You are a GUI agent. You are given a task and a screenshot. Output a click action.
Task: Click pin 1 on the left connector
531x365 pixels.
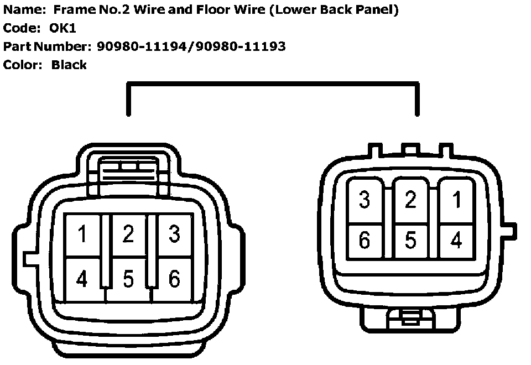82,235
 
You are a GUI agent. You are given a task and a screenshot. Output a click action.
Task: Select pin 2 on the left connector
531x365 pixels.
128,235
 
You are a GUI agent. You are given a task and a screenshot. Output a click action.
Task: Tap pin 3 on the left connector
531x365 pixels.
174,235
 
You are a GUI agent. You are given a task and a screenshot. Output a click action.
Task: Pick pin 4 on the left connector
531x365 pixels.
82,279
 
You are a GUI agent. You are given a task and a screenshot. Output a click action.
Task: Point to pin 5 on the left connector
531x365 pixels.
128,279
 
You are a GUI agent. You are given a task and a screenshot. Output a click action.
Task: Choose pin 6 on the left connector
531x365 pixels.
174,279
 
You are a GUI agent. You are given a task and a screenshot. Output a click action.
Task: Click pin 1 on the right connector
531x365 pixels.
456,200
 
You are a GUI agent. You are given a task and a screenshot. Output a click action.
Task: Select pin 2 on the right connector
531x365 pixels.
410,200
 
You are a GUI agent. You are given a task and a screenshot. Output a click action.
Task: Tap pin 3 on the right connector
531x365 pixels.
365,200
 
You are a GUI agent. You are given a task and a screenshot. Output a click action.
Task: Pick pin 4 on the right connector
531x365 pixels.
456,241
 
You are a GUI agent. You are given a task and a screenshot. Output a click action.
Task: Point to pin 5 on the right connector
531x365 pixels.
410,241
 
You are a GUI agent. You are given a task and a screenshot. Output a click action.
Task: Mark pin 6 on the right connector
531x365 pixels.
365,241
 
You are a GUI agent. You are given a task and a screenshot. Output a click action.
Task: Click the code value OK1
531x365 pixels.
63,28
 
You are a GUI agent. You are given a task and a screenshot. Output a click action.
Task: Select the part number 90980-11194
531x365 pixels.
142,46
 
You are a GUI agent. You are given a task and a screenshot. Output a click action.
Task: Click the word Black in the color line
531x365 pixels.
69,65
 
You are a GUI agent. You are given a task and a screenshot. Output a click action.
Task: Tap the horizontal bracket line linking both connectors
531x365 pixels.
273,84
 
